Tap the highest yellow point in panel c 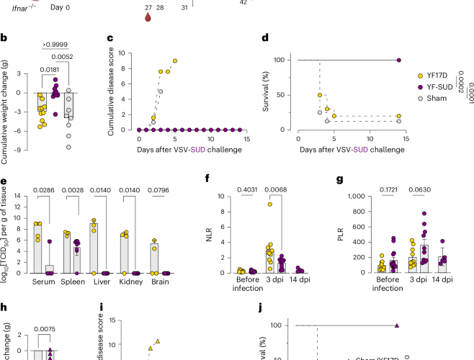[175, 60]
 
